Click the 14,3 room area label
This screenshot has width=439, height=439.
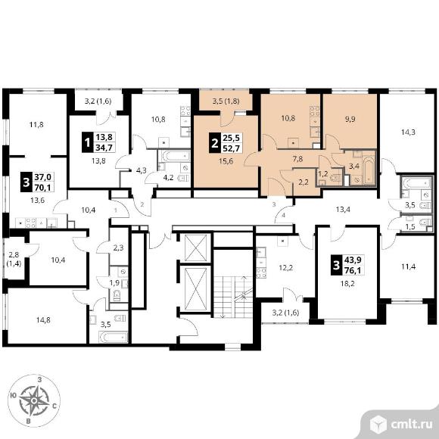pyautogui.click(x=408, y=132)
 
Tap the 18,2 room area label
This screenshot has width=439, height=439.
pyautogui.click(x=347, y=284)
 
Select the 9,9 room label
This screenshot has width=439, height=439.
pyautogui.click(x=350, y=119)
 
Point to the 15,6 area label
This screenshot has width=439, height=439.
pyautogui.click(x=226, y=161)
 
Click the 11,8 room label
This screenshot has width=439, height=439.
pyautogui.click(x=36, y=124)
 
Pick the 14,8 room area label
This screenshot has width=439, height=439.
pyautogui.click(x=43, y=319)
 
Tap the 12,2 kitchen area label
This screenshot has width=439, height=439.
pyautogui.click(x=286, y=268)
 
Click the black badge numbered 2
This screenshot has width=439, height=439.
pyautogui.click(x=215, y=143)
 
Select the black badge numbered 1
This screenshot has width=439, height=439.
pyautogui.click(x=87, y=142)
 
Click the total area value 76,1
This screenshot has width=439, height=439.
pyautogui.click(x=353, y=270)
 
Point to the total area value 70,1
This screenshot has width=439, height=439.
pyautogui.click(x=43, y=187)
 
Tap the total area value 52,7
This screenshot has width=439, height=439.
pyautogui.click(x=232, y=148)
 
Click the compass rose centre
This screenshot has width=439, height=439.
pyautogui.click(x=34, y=400)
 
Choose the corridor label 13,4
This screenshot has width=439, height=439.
pyautogui.click(x=343, y=209)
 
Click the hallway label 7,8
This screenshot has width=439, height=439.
pyautogui.click(x=297, y=159)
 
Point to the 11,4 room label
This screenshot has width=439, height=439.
pyautogui.click(x=408, y=267)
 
